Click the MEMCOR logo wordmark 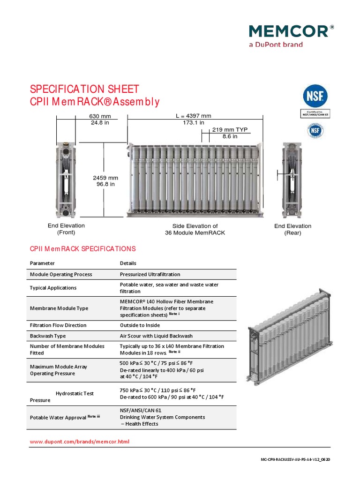(x=289, y=31)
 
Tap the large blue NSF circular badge (x=314, y=96)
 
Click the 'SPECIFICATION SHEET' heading (x=84, y=89)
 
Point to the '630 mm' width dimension (x=100, y=116)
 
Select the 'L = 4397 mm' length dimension (x=193, y=116)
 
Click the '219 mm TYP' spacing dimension (x=230, y=130)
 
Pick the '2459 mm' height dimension (x=105, y=178)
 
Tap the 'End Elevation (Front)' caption (x=66, y=229)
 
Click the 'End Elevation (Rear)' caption (x=292, y=229)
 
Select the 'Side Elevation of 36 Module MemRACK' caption (x=195, y=229)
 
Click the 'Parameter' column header (x=42, y=263)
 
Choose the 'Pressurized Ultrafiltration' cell (x=150, y=274)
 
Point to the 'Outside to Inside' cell (x=140, y=325)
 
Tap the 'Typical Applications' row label (x=53, y=288)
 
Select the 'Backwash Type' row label (x=48, y=336)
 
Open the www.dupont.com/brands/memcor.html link (x=79, y=442)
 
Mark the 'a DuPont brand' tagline (x=275, y=45)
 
